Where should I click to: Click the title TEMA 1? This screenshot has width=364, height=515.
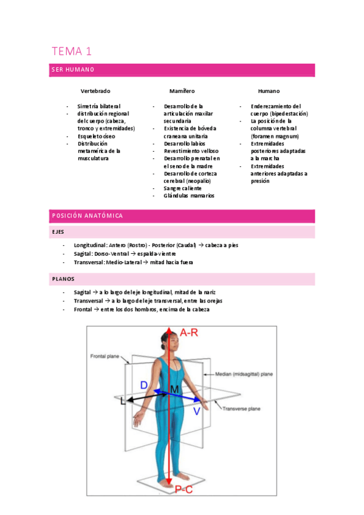pyautogui.click(x=72, y=51)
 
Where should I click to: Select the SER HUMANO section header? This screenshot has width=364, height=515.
pyautogui.click(x=72, y=70)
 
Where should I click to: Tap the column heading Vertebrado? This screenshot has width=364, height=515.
pyautogui.click(x=95, y=90)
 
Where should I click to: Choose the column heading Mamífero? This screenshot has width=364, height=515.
pyautogui.click(x=182, y=90)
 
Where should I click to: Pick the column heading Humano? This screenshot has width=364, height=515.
pyautogui.click(x=269, y=90)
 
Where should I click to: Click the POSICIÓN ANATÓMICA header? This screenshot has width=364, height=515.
pyautogui.click(x=86, y=216)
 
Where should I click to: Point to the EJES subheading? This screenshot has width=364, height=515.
pyautogui.click(x=58, y=232)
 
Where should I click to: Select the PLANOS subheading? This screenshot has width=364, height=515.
pyautogui.click(x=63, y=279)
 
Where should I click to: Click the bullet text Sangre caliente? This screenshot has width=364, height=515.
pyautogui.click(x=182, y=188)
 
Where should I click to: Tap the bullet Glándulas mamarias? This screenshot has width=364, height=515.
pyautogui.click(x=189, y=196)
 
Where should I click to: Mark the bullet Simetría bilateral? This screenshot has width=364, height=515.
pyautogui.click(x=98, y=106)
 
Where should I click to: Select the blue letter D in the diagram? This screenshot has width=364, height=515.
pyautogui.click(x=143, y=385)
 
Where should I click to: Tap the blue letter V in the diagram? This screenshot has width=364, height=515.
pyautogui.click(x=196, y=411)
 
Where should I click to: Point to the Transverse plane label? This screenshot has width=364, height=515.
pyautogui.click(x=241, y=409)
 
